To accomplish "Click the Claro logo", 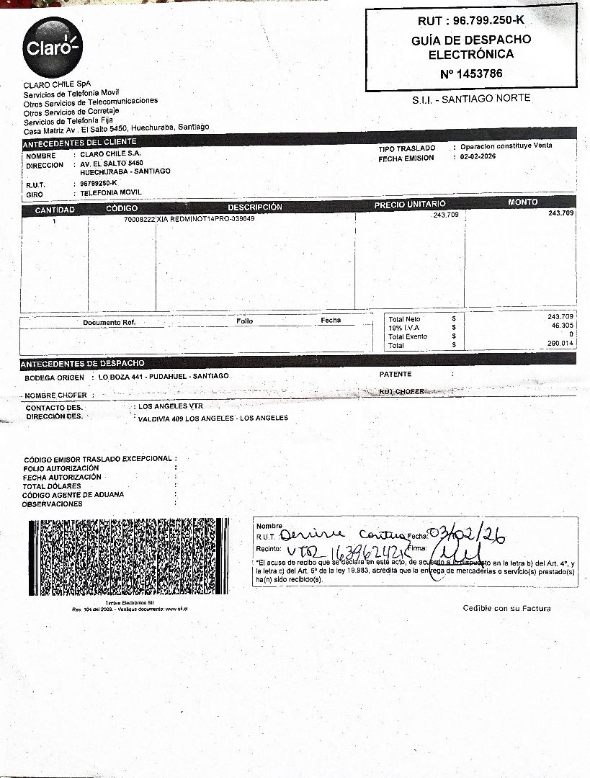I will pyautogui.click(x=52, y=47).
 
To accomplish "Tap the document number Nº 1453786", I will pyautogui.click(x=471, y=73).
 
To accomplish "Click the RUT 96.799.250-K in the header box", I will pyautogui.click(x=471, y=21).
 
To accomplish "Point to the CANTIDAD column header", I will pyautogui.click(x=55, y=210).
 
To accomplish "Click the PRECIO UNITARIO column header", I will pyautogui.click(x=410, y=205).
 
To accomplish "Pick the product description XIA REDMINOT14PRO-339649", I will pyautogui.click(x=206, y=218).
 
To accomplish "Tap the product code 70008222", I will pyautogui.click(x=140, y=219).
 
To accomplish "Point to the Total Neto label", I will pyautogui.click(x=404, y=318).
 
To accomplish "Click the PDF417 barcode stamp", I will pyautogui.click(x=128, y=556).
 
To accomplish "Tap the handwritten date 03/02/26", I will pyautogui.click(x=468, y=535).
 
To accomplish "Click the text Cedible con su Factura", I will pyautogui.click(x=506, y=609).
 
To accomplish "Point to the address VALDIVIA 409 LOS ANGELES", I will pyautogui.click(x=213, y=418).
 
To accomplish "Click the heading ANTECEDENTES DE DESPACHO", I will pyautogui.click(x=82, y=363).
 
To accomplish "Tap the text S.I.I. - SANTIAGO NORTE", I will pyautogui.click(x=471, y=98).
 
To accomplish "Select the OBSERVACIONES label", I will pyautogui.click(x=53, y=504).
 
